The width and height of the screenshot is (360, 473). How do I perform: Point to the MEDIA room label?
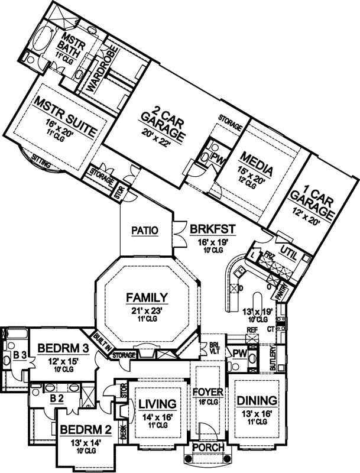pyautogui.click(x=255, y=163)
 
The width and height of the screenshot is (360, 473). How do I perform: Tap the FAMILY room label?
pyautogui.click(x=147, y=297)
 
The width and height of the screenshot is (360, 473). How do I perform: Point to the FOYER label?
pyautogui.click(x=207, y=391)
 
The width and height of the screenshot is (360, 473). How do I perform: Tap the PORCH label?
pyautogui.click(x=209, y=448)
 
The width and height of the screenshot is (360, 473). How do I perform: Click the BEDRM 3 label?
pyautogui.click(x=63, y=349)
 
